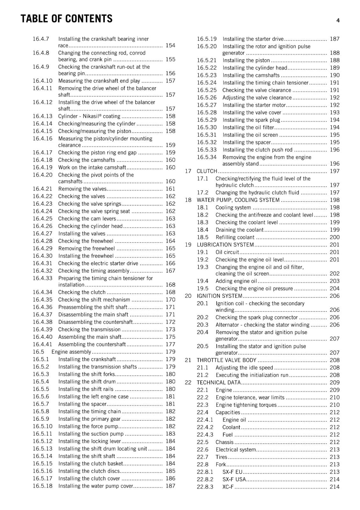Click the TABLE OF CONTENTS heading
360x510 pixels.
tap(66, 19)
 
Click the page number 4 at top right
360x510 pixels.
tap(338, 20)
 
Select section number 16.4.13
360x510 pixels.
tap(42, 116)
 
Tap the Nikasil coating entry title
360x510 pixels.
tap(89, 116)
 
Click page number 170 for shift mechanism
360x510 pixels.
tap(170, 300)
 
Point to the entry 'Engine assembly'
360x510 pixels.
tap(71, 352)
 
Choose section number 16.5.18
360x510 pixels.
tap(42, 486)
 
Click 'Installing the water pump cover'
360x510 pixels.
tap(96, 486)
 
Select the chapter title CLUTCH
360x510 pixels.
tap(207, 171)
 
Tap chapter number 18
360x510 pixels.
tap(188, 200)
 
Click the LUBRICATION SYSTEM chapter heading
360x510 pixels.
tap(225, 245)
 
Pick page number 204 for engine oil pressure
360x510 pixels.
tap(335, 288)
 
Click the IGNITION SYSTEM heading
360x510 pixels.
tap(220, 296)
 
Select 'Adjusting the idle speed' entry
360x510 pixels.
tap(244, 368)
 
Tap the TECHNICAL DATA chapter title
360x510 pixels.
tap(219, 382)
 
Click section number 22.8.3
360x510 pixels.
tap(205, 487)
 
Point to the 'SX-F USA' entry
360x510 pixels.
tap(234, 479)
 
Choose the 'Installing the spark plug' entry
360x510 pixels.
tap(251, 120)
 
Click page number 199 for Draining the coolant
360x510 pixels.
tap(335, 230)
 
